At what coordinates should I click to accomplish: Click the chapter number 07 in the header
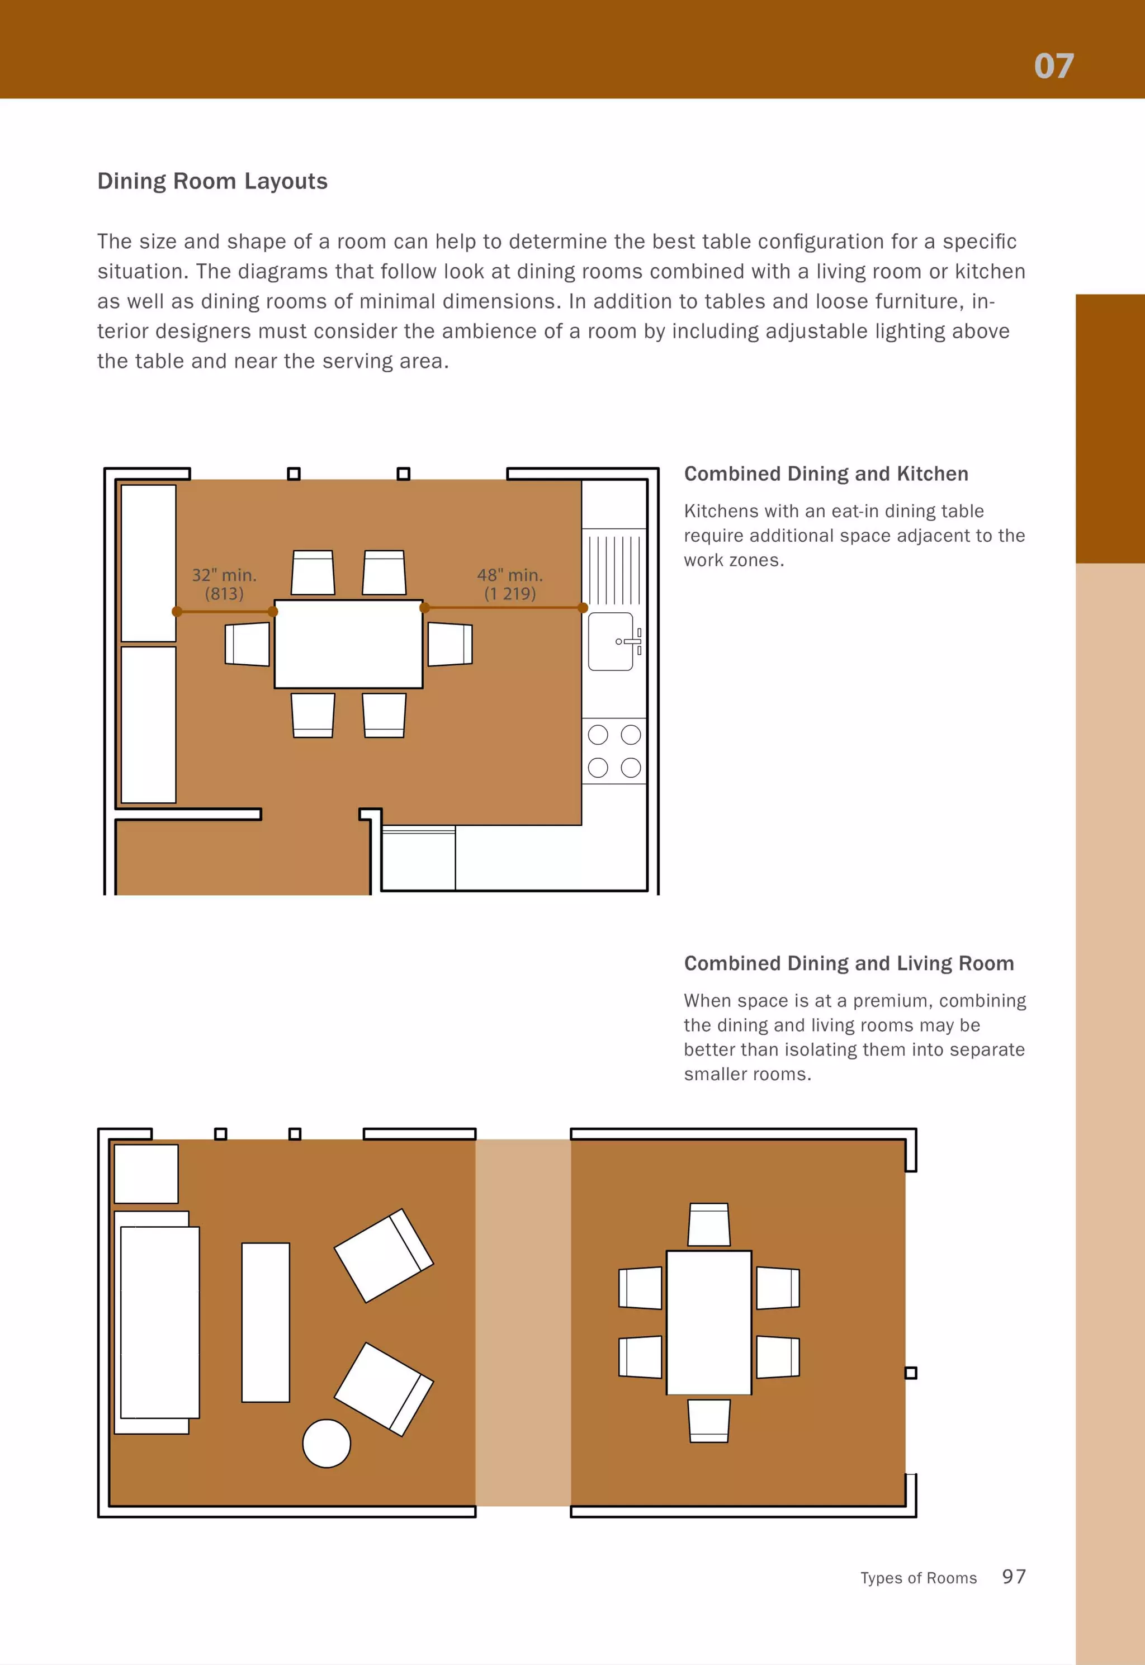coord(1053,66)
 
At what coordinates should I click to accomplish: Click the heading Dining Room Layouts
coord(212,182)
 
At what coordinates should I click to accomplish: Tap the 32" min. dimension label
coord(224,575)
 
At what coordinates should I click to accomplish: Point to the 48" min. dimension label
coord(509,575)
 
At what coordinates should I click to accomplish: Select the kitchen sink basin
coord(611,641)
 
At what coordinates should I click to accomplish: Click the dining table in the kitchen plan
coord(348,644)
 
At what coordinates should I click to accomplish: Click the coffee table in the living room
coord(266,1322)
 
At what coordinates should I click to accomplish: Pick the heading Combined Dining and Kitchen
coord(826,474)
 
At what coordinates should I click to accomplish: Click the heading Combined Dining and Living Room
coord(849,963)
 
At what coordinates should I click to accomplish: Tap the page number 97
coord(1014,1576)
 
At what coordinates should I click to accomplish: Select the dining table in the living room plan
coord(709,1322)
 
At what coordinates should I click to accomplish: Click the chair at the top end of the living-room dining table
coord(709,1224)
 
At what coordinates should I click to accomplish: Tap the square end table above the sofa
coord(146,1174)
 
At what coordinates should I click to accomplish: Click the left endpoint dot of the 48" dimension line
coord(425,608)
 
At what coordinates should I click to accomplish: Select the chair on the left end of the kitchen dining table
coord(248,644)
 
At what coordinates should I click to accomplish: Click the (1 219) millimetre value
coord(509,594)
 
